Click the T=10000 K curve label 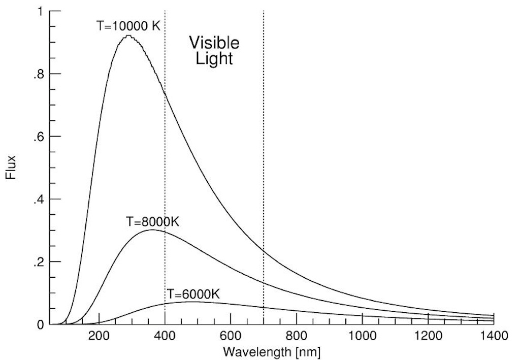128,25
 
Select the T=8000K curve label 153,222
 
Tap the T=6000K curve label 193,294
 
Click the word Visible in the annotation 213,42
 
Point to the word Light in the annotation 213,58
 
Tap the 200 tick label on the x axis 99,336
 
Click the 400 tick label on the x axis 165,336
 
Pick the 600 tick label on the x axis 231,336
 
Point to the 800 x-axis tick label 297,336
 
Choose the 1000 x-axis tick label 362,336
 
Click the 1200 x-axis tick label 428,336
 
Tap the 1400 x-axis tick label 493,336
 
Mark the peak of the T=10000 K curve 128,36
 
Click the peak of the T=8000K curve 152,230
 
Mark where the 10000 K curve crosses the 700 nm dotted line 263,251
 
